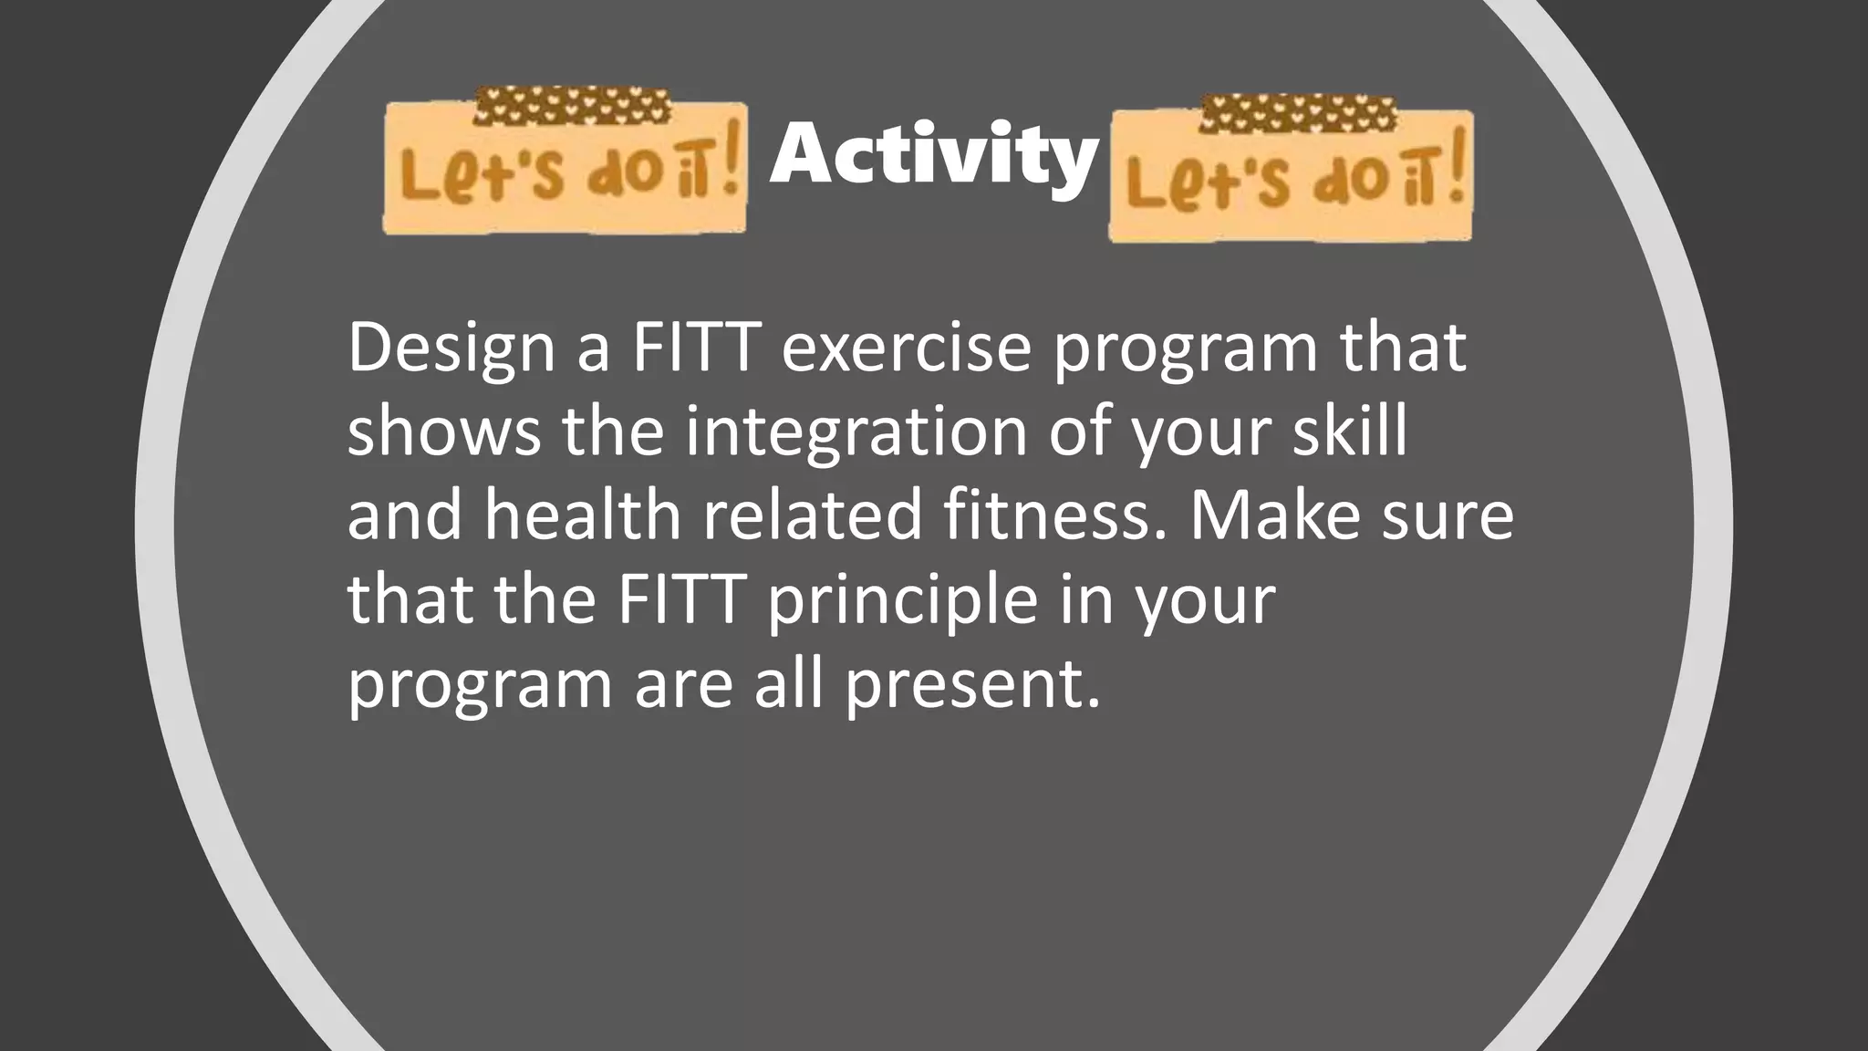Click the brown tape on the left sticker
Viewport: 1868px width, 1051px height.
coord(572,106)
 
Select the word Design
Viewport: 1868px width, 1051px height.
coord(451,349)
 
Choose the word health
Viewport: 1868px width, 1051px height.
coord(583,515)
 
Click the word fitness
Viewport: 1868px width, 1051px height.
coord(1054,515)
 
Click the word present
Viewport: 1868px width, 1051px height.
coord(971,684)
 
